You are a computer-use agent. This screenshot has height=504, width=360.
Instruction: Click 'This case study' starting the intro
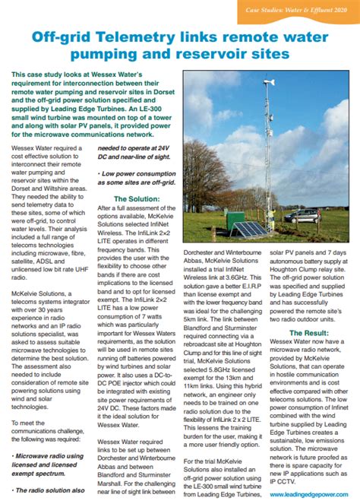click(38, 74)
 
